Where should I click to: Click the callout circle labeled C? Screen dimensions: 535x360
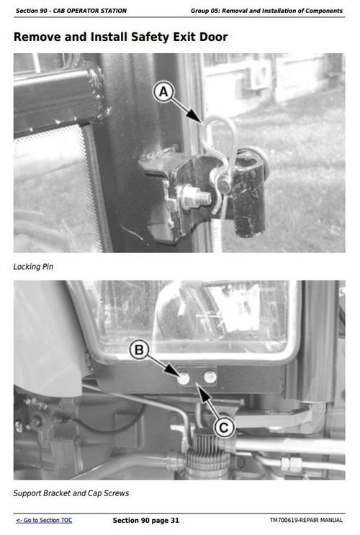(224, 428)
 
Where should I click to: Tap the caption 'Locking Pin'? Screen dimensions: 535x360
(33, 267)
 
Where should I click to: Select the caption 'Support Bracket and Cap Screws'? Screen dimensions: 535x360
(71, 493)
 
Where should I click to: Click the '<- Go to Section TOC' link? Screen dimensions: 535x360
(44, 520)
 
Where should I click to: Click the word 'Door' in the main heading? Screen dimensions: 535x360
(211, 36)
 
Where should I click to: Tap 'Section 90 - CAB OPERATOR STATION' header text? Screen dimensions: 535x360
(71, 11)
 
